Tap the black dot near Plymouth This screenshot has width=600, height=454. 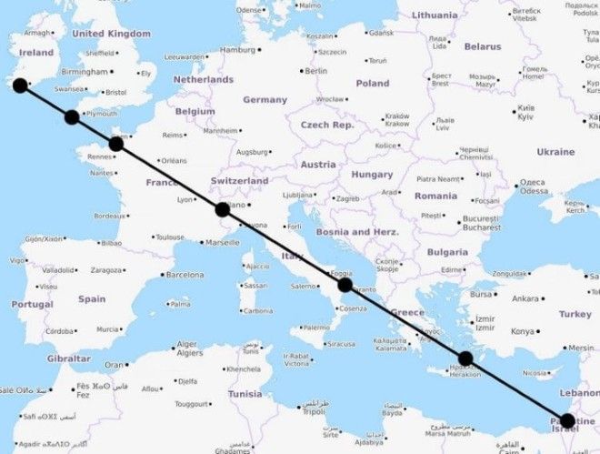[x=72, y=116]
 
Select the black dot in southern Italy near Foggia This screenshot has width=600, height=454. [x=345, y=285]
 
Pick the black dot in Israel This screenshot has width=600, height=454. [x=567, y=420]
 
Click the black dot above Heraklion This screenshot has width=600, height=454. [x=465, y=358]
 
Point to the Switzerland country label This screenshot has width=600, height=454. [x=239, y=181]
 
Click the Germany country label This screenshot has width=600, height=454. [x=265, y=99]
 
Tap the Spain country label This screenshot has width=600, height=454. [x=92, y=298]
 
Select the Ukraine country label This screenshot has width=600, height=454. [x=555, y=152]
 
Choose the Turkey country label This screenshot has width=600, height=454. [x=575, y=314]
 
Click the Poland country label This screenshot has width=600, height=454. [x=372, y=83]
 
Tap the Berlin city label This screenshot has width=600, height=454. [x=315, y=70]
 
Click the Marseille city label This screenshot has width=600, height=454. [x=223, y=243]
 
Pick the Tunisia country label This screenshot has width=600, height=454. [x=245, y=394]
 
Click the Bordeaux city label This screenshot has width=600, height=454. [x=110, y=216]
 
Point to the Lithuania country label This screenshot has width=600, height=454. [x=435, y=15]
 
